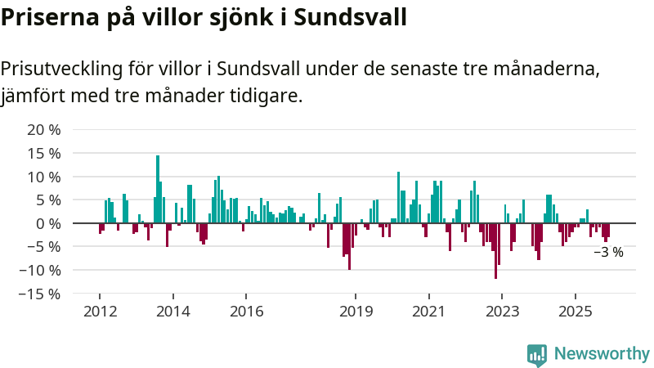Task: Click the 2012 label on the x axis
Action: click(x=99, y=312)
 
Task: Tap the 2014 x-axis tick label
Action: click(x=172, y=312)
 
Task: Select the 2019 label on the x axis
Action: click(x=356, y=312)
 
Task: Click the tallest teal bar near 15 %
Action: click(x=158, y=189)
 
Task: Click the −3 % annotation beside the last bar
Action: click(x=608, y=253)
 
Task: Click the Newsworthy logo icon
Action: click(x=537, y=354)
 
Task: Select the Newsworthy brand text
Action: click(x=602, y=354)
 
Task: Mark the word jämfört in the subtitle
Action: click(x=33, y=96)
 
